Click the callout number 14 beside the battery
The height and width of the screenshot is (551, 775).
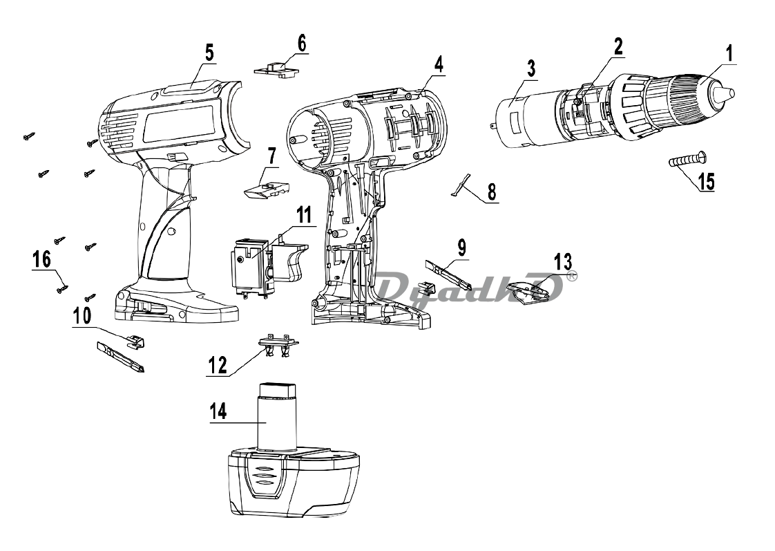[218, 412]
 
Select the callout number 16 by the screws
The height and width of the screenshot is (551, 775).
[42, 259]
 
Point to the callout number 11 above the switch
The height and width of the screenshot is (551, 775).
[303, 216]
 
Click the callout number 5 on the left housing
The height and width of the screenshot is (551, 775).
[209, 53]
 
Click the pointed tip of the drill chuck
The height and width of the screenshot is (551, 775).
[731, 93]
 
